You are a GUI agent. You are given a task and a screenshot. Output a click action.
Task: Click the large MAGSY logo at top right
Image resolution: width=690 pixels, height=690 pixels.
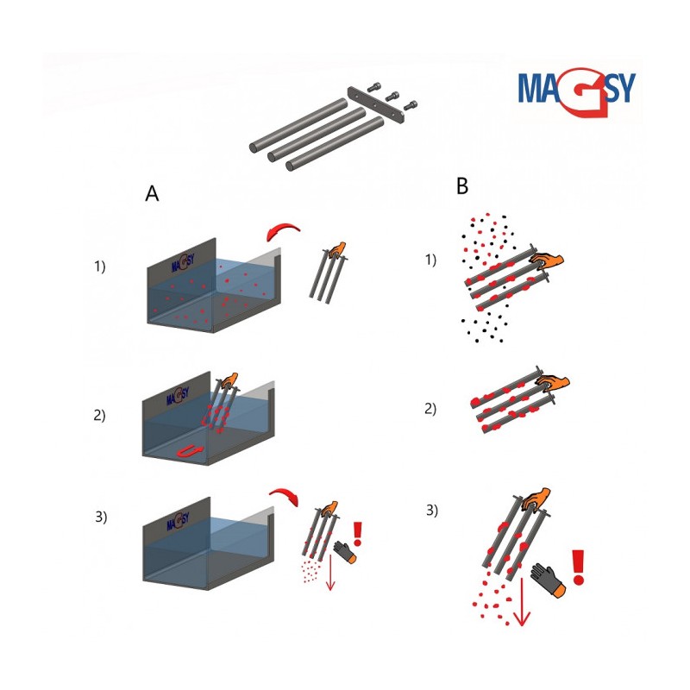(x=576, y=91)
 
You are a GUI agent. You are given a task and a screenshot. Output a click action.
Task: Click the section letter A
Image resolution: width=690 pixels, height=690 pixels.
(x=152, y=193)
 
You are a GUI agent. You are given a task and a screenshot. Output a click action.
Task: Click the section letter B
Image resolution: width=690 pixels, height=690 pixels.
(x=462, y=186)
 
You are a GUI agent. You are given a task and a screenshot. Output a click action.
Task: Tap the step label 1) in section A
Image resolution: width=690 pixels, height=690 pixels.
(x=100, y=267)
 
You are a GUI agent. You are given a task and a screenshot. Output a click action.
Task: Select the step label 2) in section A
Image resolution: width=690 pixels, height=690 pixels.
(x=99, y=415)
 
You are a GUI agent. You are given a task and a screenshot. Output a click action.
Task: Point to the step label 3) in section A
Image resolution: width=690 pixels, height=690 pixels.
(x=101, y=517)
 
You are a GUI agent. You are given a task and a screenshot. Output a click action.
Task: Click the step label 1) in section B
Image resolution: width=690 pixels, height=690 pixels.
(x=430, y=260)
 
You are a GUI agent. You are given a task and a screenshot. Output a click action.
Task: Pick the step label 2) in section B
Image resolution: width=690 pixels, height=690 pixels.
(x=430, y=408)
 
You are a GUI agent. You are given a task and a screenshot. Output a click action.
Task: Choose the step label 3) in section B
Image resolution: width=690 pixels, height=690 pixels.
(x=432, y=510)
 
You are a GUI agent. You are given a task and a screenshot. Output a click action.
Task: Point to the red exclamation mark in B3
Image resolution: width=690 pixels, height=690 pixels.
(x=578, y=568)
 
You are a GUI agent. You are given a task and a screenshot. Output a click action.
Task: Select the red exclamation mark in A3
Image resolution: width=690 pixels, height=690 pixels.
(x=357, y=534)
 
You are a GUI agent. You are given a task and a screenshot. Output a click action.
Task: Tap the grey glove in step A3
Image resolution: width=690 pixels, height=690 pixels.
(x=344, y=552)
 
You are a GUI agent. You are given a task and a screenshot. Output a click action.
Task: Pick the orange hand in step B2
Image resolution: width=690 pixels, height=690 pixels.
(x=554, y=383)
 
